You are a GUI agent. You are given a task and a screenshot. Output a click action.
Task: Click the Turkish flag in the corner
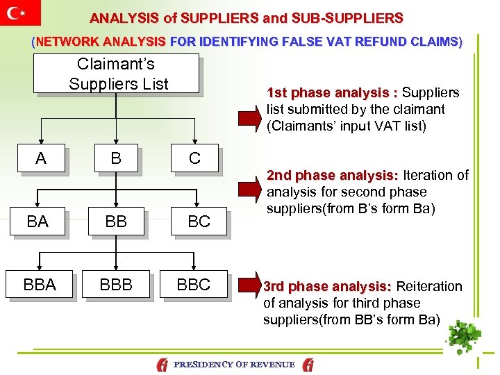point(20,12)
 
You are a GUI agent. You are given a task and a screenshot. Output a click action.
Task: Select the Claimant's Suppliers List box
point(117,74)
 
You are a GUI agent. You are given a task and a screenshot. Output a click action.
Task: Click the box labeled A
point(42,158)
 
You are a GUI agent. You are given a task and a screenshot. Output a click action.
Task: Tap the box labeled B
point(117,158)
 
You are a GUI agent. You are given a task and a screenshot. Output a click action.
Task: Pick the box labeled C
point(194,158)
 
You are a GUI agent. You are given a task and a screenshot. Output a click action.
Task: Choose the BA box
point(38,222)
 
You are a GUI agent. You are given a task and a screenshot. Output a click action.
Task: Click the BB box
point(117,222)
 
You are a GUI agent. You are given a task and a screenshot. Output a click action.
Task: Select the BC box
point(199,222)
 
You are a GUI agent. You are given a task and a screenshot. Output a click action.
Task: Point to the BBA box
point(40,285)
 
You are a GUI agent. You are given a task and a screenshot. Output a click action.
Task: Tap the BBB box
point(117,285)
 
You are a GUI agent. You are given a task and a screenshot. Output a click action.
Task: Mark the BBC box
point(194,285)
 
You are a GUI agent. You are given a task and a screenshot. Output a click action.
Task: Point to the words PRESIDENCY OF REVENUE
point(234,364)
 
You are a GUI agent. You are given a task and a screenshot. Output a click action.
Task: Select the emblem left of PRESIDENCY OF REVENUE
point(162,364)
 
